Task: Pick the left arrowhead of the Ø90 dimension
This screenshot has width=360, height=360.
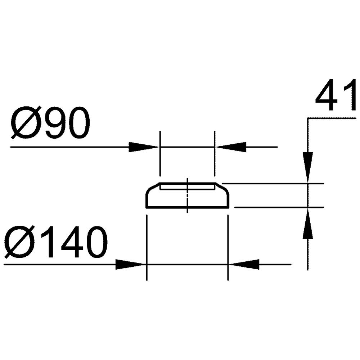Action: click(x=144, y=147)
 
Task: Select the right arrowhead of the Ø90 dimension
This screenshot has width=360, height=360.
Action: click(x=230, y=147)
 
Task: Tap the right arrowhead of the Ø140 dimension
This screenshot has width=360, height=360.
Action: click(x=244, y=265)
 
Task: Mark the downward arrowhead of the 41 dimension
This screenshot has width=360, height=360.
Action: click(x=308, y=167)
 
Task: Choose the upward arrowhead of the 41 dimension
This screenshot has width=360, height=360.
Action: click(x=308, y=223)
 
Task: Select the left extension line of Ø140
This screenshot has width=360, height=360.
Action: click(x=147, y=248)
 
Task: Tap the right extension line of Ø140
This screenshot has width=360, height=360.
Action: click(x=228, y=248)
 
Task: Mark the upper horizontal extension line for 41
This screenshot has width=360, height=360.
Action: click(x=274, y=184)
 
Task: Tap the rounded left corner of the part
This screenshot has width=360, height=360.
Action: click(x=148, y=193)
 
